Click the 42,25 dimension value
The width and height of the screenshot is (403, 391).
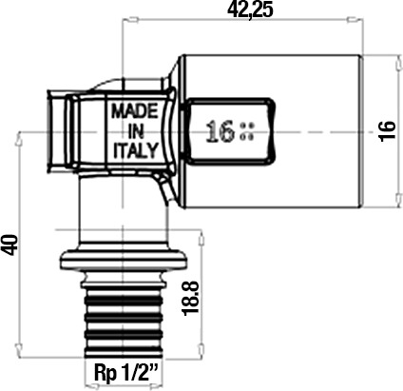pos(250,10)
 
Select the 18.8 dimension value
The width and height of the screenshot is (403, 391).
pos(190,298)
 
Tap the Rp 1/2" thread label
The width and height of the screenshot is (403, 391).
pos(126,374)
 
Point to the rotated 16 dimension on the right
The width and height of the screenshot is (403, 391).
pos(388,129)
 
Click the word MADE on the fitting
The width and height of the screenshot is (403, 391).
pos(135,111)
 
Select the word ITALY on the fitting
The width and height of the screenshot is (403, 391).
pos(136,150)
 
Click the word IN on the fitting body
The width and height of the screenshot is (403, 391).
pos(136,131)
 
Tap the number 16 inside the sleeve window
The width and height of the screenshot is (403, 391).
pos(220,131)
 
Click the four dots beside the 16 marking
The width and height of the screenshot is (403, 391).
pos(247,131)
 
